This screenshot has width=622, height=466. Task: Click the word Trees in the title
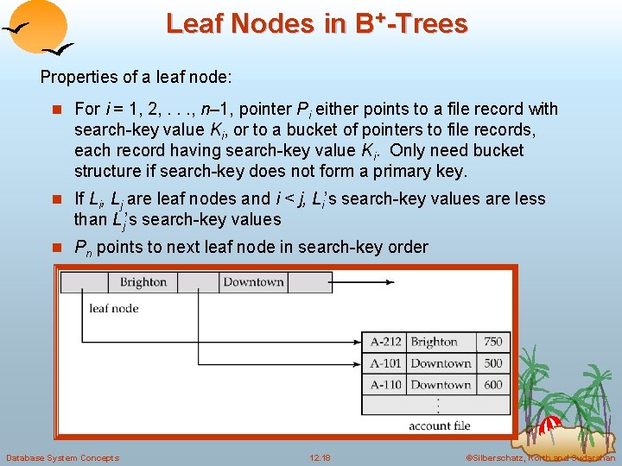[431, 23]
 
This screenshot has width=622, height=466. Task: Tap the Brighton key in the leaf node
[143, 282]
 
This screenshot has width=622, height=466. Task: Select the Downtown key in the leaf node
[253, 282]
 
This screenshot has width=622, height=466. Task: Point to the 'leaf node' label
[114, 308]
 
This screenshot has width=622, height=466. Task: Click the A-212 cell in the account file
[385, 342]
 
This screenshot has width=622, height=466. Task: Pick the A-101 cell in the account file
[385, 363]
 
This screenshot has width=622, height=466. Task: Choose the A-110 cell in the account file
[385, 385]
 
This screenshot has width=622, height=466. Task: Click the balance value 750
[492, 342]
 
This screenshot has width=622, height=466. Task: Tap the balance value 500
[492, 363]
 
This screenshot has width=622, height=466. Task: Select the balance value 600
[492, 385]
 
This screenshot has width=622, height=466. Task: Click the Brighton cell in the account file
[434, 342]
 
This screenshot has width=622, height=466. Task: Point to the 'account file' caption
[441, 425]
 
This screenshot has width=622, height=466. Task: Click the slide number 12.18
[320, 457]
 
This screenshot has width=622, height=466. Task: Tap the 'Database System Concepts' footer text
[62, 457]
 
